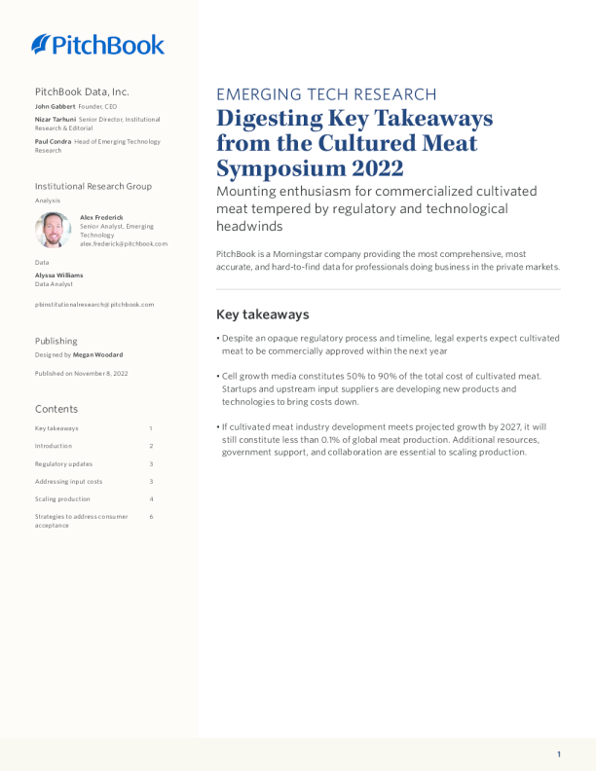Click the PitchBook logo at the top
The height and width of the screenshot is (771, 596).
[x=97, y=44]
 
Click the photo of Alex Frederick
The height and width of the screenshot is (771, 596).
[x=53, y=230]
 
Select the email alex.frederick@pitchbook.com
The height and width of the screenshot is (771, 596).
[x=124, y=243]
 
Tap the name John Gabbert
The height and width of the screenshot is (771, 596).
[x=55, y=106]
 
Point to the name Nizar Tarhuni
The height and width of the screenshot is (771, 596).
[x=56, y=120]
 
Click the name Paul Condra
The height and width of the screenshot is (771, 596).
[x=53, y=142]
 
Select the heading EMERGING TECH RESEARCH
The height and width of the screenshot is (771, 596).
[x=326, y=94]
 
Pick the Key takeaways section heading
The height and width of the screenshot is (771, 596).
[x=262, y=314]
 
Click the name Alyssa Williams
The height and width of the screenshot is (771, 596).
[x=58, y=275]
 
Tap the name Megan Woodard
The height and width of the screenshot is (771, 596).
[x=98, y=355]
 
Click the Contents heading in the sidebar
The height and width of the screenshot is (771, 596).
[x=56, y=409]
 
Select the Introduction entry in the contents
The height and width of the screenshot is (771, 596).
[x=54, y=446]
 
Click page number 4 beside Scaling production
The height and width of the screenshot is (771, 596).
[x=151, y=499]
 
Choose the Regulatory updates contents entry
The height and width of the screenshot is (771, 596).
[x=63, y=463]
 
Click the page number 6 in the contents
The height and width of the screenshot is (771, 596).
[x=151, y=517]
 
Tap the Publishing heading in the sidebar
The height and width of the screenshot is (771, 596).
[x=56, y=341]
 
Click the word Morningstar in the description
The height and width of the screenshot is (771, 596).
[x=292, y=253]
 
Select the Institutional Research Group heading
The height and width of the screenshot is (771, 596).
[x=93, y=186]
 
